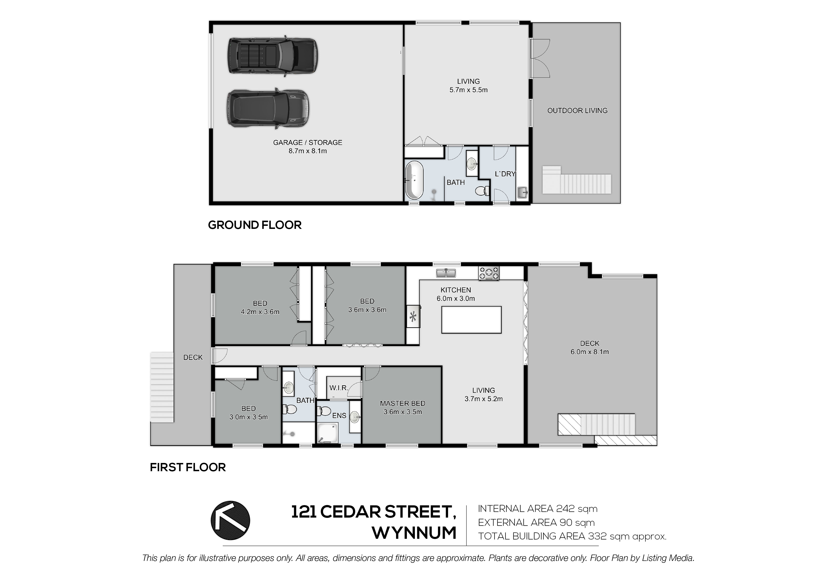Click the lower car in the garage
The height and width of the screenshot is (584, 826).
pos(268,108)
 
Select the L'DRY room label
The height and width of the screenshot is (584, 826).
pos(505,174)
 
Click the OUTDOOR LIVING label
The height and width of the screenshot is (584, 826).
pos(577,111)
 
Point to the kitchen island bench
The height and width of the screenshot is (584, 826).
pos(471,320)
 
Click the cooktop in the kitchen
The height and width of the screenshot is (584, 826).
pos(489,273)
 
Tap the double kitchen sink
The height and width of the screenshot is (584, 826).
pos(446,273)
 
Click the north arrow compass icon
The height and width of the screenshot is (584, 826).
pos(230,520)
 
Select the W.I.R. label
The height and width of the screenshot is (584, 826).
pos(339,388)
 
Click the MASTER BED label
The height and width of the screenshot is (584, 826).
pos(403,404)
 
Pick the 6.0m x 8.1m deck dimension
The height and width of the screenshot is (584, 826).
pos(590,352)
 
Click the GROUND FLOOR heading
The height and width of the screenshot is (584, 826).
pos(255,225)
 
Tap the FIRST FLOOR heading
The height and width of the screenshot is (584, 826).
pos(188,467)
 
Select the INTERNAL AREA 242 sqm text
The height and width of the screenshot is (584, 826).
pos(538,509)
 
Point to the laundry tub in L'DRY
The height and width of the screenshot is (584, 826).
pos(522,192)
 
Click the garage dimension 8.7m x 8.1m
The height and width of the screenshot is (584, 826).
pos(308,151)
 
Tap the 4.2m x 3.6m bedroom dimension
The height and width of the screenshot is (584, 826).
pos(260,312)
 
